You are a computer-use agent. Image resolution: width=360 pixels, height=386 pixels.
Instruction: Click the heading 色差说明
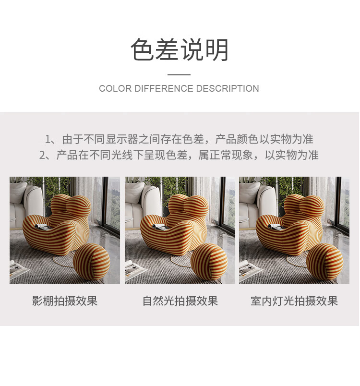(180, 49)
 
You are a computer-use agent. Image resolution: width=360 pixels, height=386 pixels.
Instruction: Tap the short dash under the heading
(179, 74)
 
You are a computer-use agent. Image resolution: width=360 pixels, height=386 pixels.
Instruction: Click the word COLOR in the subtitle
(115, 88)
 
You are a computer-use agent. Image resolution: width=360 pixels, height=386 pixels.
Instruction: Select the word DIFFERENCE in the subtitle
(164, 88)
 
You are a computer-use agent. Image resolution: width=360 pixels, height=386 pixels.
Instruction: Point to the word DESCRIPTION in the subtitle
(228, 88)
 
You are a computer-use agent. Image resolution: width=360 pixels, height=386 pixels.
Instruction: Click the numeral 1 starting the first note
(48, 140)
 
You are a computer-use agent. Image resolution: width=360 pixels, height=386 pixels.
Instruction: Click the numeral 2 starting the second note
(42, 156)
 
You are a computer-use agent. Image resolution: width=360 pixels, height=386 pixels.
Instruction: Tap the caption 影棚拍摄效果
(65, 301)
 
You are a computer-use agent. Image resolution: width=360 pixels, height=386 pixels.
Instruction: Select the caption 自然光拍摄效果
(180, 301)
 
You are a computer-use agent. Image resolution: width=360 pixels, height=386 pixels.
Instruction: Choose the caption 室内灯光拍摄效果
(294, 301)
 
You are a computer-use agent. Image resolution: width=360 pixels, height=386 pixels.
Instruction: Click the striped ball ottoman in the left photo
(92, 262)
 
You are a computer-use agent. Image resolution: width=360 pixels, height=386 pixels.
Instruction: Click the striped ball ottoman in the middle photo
(209, 262)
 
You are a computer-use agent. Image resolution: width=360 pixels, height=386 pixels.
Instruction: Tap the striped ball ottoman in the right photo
(324, 262)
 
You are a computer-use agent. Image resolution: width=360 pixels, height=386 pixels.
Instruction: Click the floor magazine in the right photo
(248, 270)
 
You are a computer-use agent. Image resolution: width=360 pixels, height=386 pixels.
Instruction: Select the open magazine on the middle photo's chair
(160, 227)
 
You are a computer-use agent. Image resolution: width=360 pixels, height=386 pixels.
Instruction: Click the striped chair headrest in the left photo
(71, 205)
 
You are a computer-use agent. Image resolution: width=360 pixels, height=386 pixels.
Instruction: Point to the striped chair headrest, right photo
(304, 205)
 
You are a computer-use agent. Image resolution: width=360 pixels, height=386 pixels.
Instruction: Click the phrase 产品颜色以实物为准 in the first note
(264, 140)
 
